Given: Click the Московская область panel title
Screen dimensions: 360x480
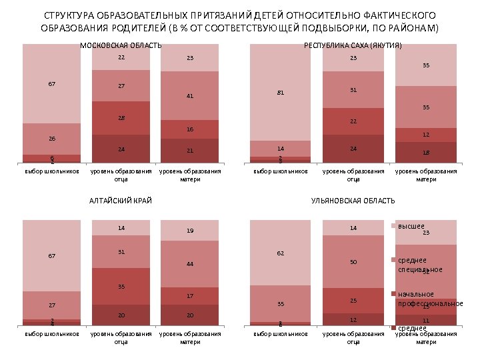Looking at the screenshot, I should click(121, 45).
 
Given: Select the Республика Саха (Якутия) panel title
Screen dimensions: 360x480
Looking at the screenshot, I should click(353, 45).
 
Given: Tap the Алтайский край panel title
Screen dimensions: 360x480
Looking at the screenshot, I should click(121, 200).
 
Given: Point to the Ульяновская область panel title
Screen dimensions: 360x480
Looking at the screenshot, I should click(353, 200).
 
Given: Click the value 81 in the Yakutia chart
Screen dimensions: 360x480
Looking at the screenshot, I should click(281, 93).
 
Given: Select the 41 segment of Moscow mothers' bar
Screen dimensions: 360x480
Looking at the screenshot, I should click(190, 96).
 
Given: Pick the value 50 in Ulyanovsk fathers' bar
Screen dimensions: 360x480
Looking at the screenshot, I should click(353, 262).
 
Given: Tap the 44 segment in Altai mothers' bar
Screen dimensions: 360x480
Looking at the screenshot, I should click(190, 264).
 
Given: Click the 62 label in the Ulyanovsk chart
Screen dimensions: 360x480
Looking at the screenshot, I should click(281, 253).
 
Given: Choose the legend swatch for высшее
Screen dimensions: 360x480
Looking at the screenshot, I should click(393, 227).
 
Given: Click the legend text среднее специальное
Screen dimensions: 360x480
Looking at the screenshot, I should click(420, 265).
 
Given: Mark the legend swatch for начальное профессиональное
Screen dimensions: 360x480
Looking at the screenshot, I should click(393, 294).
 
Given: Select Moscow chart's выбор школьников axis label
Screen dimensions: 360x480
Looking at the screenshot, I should click(52, 171).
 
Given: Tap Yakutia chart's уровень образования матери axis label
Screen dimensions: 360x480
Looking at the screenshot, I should click(426, 175).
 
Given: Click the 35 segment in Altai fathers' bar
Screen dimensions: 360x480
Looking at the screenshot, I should click(121, 287).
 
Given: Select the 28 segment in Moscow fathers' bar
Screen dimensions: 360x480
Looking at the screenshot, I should click(121, 118).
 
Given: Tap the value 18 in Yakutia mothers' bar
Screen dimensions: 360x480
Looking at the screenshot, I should click(426, 153).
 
